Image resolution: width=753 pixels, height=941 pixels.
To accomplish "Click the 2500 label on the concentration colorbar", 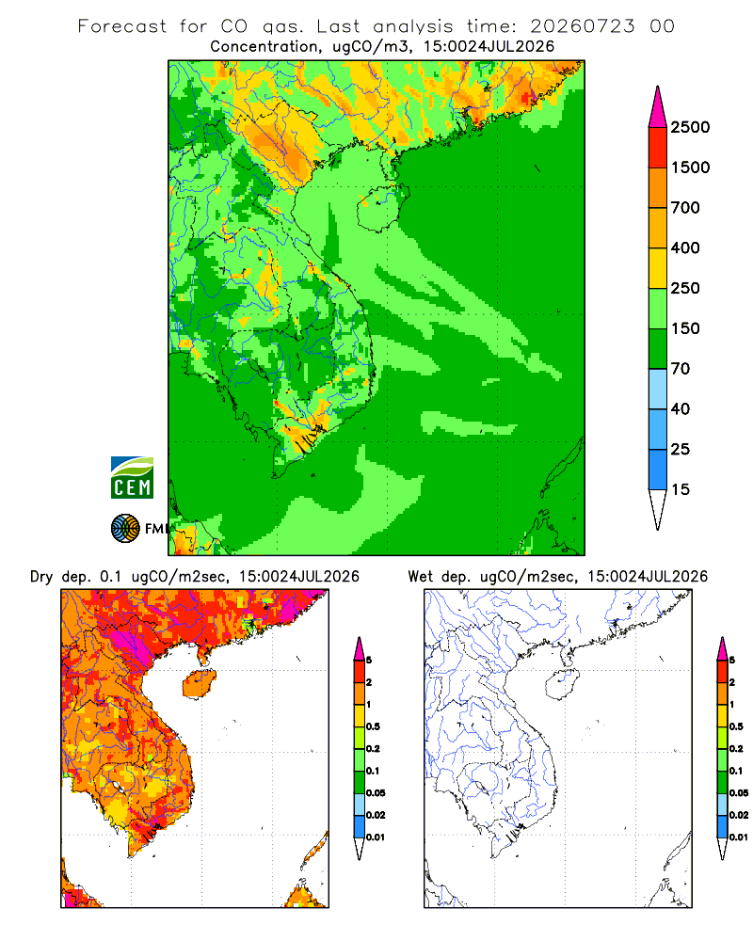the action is [x=690, y=127].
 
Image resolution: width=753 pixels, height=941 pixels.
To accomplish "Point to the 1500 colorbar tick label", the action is [x=690, y=167].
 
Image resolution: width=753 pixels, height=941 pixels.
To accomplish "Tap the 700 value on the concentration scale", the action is [x=685, y=208].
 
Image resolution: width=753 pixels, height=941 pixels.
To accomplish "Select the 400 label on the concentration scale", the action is [x=685, y=247].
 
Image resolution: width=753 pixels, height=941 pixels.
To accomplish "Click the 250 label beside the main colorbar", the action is [x=685, y=288].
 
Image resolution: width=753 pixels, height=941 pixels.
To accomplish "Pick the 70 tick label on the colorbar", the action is [x=681, y=369].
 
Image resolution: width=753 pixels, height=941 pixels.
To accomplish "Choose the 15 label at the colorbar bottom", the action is [x=681, y=489].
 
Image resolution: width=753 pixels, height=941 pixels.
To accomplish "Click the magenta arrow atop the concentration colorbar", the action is [x=658, y=108].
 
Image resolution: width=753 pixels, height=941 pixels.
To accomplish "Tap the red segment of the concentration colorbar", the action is [x=658, y=148].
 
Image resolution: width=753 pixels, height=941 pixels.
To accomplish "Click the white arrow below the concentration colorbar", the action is [x=658, y=507].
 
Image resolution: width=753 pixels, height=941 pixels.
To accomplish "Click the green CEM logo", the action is [x=132, y=478].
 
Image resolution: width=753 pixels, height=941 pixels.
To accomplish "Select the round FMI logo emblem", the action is [x=125, y=529].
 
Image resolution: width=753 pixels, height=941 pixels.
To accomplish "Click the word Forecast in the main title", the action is [x=122, y=26].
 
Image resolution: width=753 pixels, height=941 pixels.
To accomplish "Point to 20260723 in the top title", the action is [x=582, y=26].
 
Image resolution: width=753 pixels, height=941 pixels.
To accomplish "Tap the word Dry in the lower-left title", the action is [x=41, y=577].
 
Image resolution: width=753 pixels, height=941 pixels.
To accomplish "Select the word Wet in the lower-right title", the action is [x=421, y=577].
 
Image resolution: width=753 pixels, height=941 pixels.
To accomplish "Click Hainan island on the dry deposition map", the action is [x=200, y=684].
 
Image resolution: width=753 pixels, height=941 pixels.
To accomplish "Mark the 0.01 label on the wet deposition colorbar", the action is [x=739, y=837].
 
